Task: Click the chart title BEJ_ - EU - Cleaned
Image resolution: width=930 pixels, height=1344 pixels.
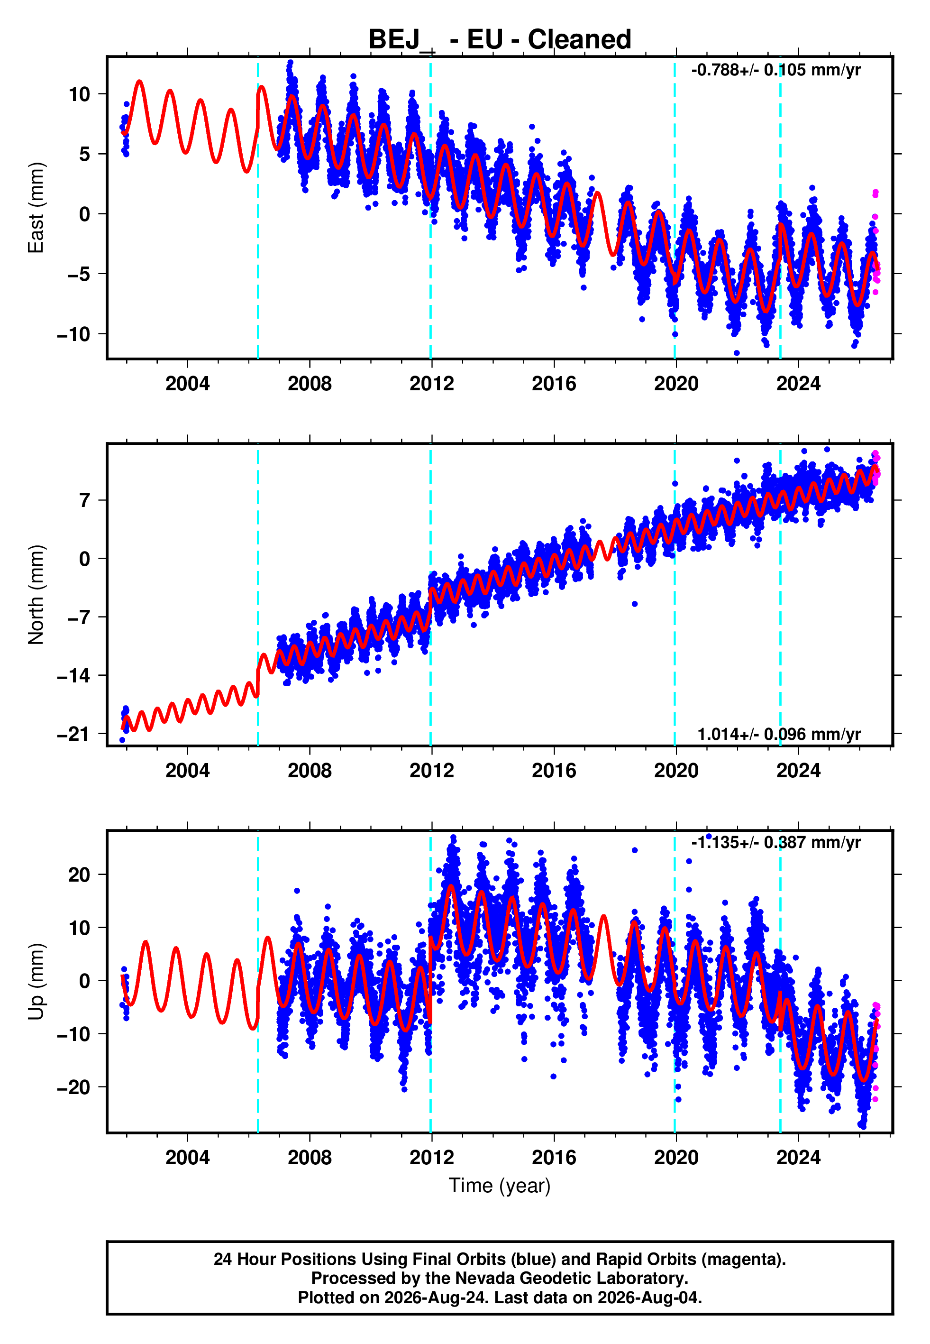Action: pyautogui.click(x=500, y=40)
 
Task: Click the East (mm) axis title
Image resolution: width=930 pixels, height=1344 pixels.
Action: pyautogui.click(x=36, y=208)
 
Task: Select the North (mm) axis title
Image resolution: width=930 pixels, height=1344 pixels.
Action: pyautogui.click(x=36, y=595)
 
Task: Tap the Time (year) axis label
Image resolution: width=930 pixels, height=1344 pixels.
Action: pyautogui.click(x=500, y=1186)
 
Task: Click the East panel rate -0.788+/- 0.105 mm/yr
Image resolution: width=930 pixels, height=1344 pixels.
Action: pyautogui.click(x=775, y=71)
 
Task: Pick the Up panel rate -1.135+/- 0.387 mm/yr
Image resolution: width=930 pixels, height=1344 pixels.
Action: pyautogui.click(x=775, y=842)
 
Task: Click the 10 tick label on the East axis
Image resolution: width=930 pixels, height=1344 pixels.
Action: pyautogui.click(x=79, y=94)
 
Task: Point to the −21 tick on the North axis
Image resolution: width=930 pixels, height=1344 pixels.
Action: pyautogui.click(x=73, y=734)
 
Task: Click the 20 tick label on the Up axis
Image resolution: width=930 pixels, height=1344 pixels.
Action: pyautogui.click(x=79, y=875)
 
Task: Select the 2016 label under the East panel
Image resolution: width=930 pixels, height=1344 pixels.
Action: pyautogui.click(x=554, y=384)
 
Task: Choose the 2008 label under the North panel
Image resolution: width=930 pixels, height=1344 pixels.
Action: pyautogui.click(x=310, y=771)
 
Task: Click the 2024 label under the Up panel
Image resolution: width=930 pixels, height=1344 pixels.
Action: pyautogui.click(x=798, y=1158)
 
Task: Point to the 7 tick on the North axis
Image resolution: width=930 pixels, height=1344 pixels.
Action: pyautogui.click(x=85, y=500)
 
